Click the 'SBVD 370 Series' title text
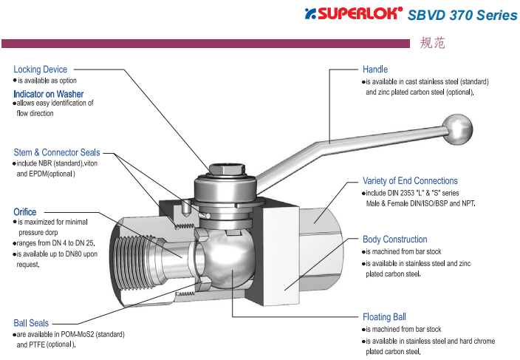coord(462,15)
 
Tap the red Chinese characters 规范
coord(432,44)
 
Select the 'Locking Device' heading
coord(40,69)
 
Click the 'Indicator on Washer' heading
coord(48,94)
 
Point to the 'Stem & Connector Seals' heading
coord(56,152)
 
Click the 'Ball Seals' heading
coord(31,323)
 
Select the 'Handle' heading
coord(374,69)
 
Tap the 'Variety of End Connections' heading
coord(410,180)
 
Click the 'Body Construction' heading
coord(394,240)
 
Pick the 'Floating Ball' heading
coord(384,317)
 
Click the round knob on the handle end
coord(459,129)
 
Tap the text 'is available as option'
coord(47,81)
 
